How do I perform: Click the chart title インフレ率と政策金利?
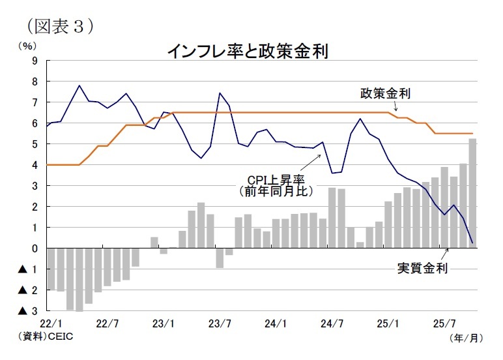coord(247,50)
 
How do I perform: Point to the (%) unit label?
coord(27,46)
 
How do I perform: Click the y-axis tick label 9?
coord(35,61)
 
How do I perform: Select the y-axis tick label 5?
coord(35,144)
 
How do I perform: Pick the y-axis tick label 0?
coord(35,248)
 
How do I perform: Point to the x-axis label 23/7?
coord(220,322)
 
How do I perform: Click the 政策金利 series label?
coord(385,93)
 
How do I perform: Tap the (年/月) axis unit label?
coord(467,338)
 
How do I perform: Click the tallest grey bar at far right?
coord(472,193)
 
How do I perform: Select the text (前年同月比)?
coord(274,192)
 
